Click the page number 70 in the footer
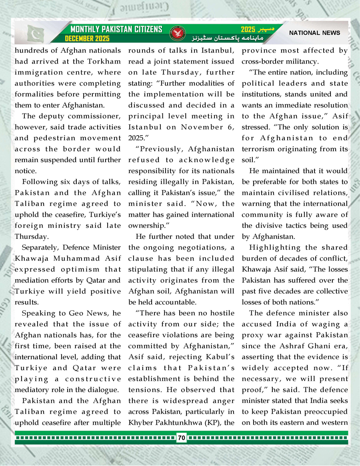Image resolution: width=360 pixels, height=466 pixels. coord(181,438)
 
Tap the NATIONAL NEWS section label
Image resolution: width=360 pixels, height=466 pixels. coord(314,33)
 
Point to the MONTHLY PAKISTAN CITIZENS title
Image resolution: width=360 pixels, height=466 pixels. coord(116,29)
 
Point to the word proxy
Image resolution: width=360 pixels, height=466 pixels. coord(253,334)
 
